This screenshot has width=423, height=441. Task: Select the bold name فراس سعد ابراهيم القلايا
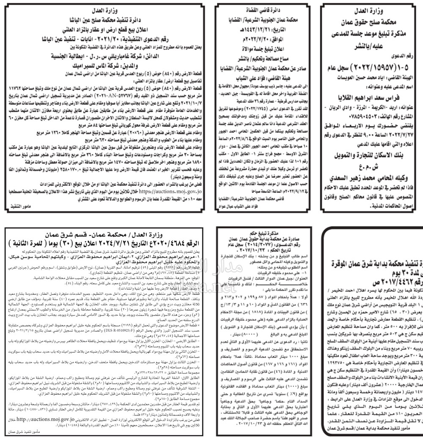[372, 91]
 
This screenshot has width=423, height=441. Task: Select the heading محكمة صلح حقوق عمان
[372, 21]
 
